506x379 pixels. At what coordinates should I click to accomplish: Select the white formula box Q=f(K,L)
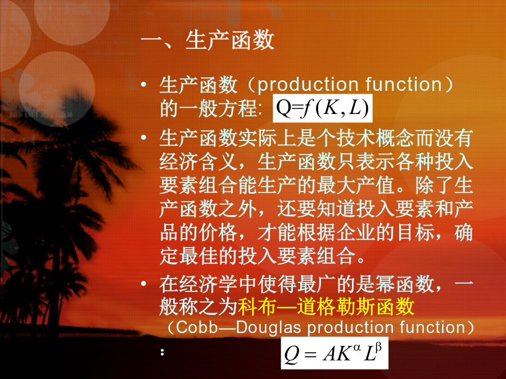tap(322, 108)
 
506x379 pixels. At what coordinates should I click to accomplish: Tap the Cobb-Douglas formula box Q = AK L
tap(335, 353)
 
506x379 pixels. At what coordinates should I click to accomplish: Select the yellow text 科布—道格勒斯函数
tap(326, 306)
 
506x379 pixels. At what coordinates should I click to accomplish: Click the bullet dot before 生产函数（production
tap(143, 84)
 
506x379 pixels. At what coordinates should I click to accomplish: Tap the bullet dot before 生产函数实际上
tap(143, 138)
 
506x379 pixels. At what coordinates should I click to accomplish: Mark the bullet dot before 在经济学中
tap(143, 284)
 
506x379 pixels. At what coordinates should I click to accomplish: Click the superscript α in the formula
tap(356, 347)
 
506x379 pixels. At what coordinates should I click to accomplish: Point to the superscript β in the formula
tap(378, 347)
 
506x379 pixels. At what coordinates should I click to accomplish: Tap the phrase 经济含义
tap(198, 162)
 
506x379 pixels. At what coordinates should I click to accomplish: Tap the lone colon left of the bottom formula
tap(162, 352)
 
